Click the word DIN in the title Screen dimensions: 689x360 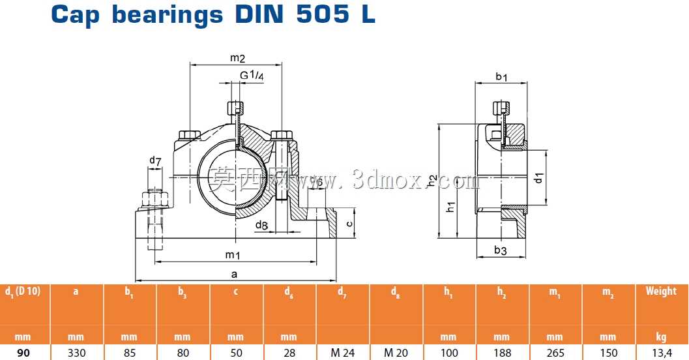(x=261, y=14)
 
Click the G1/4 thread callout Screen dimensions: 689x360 (x=252, y=75)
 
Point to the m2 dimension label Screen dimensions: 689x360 (x=237, y=57)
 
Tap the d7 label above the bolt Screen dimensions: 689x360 (x=155, y=161)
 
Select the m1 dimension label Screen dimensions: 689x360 (x=233, y=255)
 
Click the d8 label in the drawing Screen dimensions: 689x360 (x=261, y=226)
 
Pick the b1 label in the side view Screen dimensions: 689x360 (x=501, y=76)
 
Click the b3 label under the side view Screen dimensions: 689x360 (x=501, y=250)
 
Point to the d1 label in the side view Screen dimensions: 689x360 (x=538, y=178)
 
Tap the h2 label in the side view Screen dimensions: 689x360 (x=432, y=180)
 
